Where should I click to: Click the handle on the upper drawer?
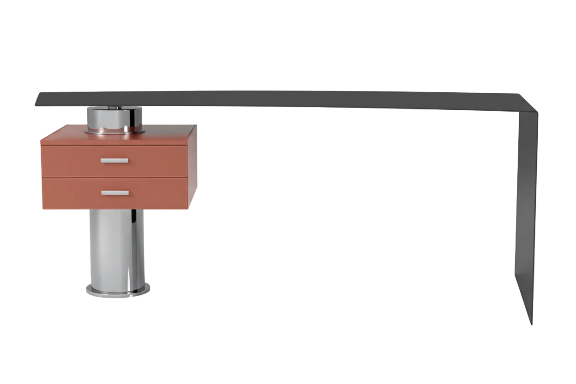114,161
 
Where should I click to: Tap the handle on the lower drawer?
115,193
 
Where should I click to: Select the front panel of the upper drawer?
69,162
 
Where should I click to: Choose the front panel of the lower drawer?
69,194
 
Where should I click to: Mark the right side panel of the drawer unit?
192,171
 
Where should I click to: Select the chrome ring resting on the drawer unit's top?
114,132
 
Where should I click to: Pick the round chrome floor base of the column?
118,290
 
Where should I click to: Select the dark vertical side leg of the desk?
526,208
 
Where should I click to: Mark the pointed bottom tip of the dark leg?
532,323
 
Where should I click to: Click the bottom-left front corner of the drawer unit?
43,209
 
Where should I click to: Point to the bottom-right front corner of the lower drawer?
187,208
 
